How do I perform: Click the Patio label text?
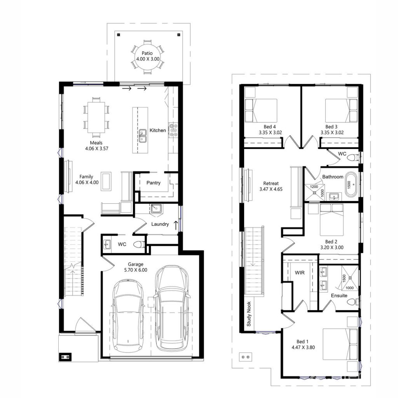click(147, 53)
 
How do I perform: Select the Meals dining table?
click(96, 116)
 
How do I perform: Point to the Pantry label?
click(154, 183)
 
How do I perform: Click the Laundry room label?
click(160, 224)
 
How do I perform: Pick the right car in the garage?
click(171, 307)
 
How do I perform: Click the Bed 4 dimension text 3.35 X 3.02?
click(270, 133)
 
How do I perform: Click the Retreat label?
click(271, 183)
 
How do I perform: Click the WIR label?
click(299, 273)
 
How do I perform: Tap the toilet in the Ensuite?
click(352, 302)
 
